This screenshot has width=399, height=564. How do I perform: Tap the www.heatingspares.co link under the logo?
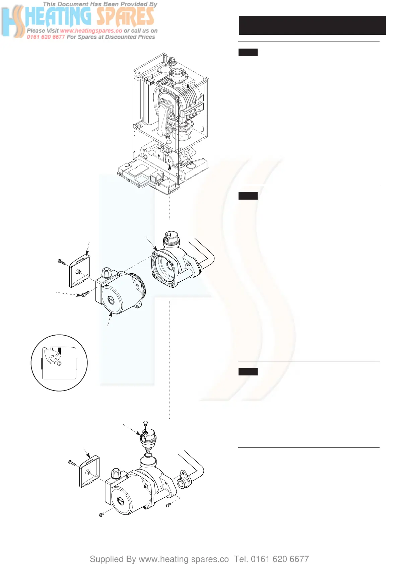point(91,31)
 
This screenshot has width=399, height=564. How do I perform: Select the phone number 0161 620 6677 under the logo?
point(46,37)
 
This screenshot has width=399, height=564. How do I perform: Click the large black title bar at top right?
point(312,25)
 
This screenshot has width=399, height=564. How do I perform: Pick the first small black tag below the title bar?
point(248,52)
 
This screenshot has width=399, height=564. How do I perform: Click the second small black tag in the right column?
point(248,196)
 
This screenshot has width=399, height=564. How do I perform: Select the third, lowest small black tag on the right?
point(248,371)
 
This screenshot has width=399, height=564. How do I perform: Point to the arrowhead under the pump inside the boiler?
point(170,166)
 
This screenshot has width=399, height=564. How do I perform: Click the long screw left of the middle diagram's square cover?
point(61,262)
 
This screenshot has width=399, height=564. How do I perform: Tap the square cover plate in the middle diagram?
point(80,271)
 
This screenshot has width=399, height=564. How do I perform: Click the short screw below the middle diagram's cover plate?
point(85,294)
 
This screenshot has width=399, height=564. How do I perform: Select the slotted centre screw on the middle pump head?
point(111,300)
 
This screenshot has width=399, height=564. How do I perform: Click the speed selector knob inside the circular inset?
point(53,358)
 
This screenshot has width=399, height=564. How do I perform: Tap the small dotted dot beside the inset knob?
point(59,363)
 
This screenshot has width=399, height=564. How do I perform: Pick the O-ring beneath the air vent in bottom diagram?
point(148,455)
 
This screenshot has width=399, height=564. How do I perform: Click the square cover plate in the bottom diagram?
point(89,471)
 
